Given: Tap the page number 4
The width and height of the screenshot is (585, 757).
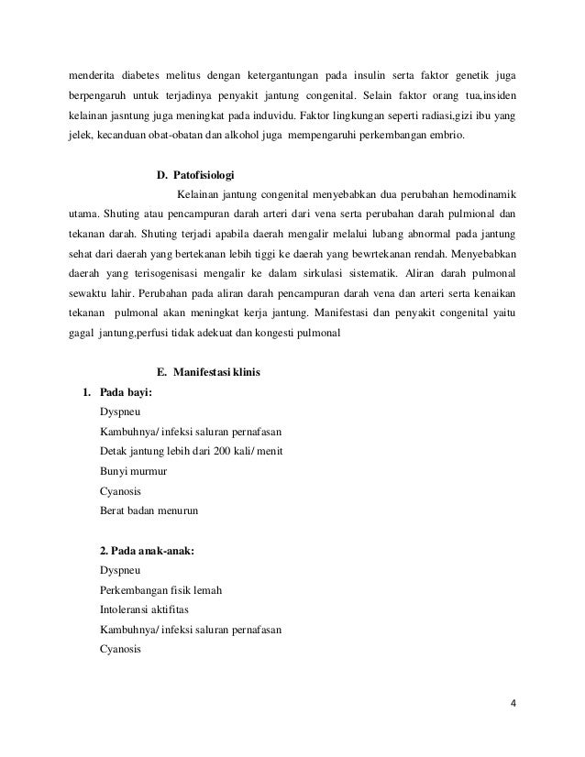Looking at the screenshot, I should [x=513, y=704].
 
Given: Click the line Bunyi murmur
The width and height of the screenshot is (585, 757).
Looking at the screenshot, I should [x=132, y=470].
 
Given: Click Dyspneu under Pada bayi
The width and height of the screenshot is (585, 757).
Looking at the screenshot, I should [x=119, y=412].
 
